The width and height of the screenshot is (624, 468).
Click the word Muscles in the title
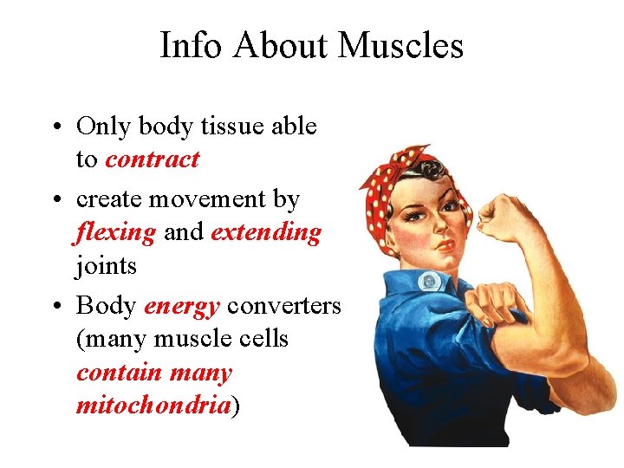(x=402, y=46)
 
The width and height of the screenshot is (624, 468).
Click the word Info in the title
(x=188, y=46)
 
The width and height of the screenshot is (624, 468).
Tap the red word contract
(x=152, y=159)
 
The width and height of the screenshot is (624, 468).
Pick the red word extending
(x=265, y=232)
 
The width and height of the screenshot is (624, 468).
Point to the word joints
(x=107, y=265)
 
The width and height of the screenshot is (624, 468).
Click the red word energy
(x=182, y=305)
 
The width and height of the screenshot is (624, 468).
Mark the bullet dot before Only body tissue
(x=55, y=127)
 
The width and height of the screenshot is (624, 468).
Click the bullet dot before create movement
(x=55, y=200)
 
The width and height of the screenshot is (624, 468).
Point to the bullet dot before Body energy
(x=55, y=306)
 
